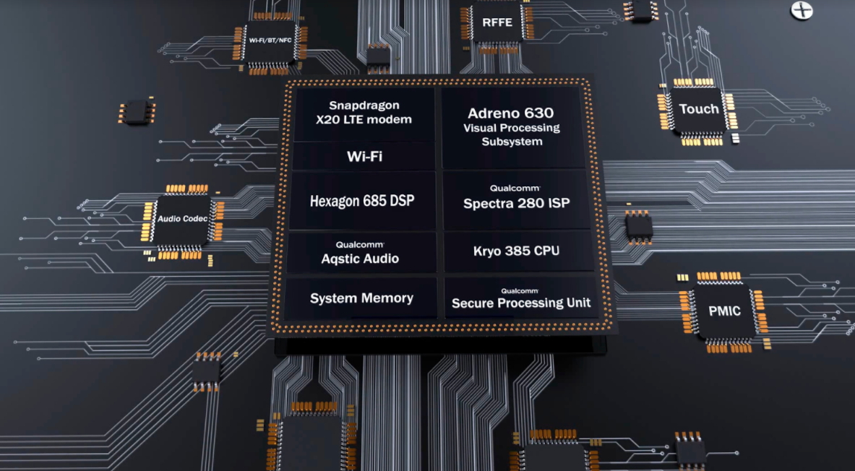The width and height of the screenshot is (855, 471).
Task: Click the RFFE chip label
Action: (497, 22)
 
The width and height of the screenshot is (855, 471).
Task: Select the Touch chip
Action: (699, 109)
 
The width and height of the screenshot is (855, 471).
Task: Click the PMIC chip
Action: (724, 311)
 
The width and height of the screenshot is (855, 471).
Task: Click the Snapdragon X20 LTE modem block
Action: (364, 113)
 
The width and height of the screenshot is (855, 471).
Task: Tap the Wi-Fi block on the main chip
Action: (364, 156)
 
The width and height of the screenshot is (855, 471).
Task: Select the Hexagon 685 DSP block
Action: (362, 201)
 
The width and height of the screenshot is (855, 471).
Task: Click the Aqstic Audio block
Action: (360, 252)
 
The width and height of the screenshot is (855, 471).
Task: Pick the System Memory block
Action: (361, 298)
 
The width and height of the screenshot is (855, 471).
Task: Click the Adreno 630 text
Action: (510, 113)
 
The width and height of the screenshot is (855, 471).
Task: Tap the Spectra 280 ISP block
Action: (515, 198)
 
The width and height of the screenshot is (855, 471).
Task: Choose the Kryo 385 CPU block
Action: (516, 251)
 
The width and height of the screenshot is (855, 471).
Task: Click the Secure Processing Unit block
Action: (520, 298)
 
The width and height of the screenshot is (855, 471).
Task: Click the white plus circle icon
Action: (802, 10)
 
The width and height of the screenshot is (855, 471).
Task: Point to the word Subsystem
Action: (512, 142)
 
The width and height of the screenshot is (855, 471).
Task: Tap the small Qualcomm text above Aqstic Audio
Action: (359, 244)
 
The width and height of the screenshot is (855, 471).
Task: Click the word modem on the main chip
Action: (388, 119)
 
